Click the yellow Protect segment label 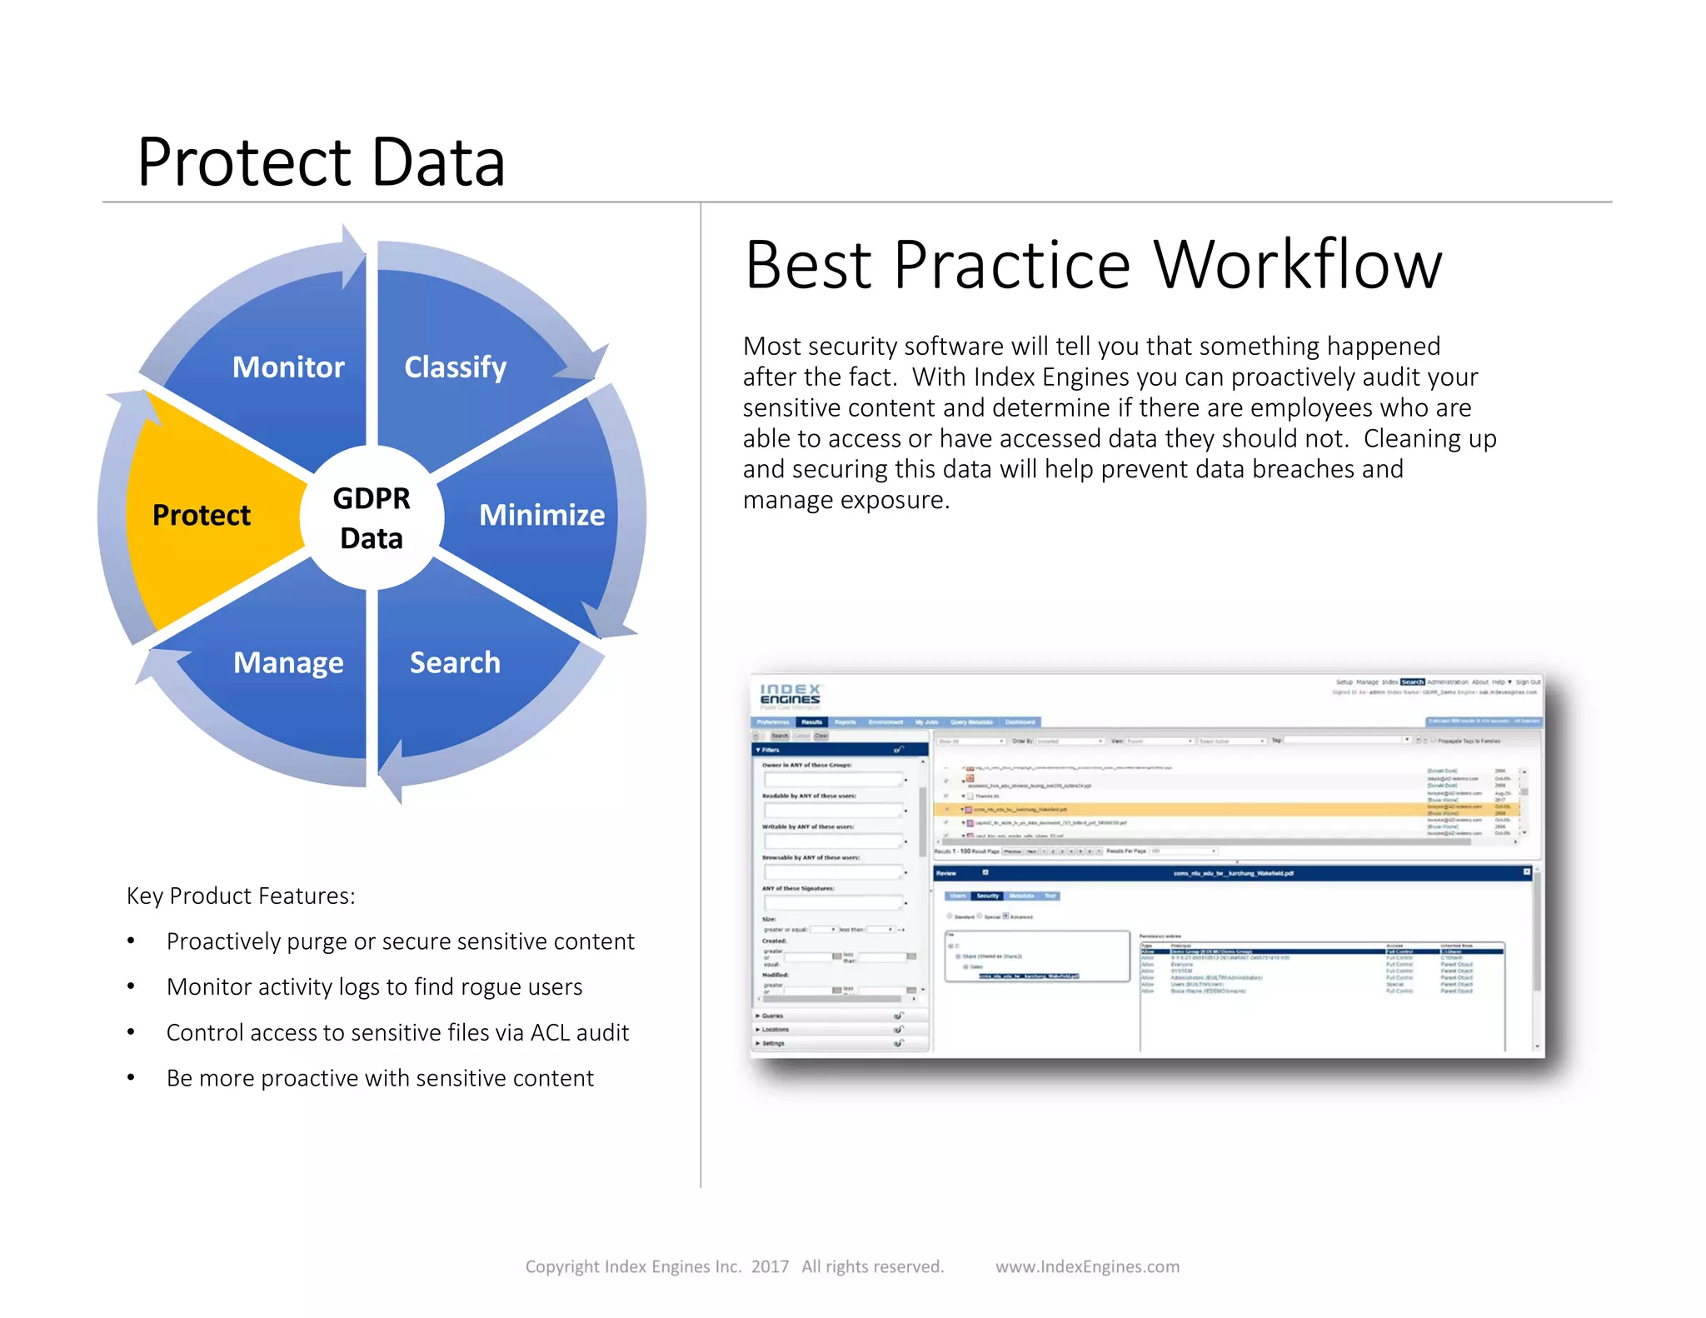click(x=202, y=515)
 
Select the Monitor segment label click(x=288, y=367)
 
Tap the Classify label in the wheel click(x=455, y=367)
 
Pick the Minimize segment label click(x=541, y=515)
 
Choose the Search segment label click(x=455, y=662)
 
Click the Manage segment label click(x=288, y=662)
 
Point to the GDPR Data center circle click(x=372, y=517)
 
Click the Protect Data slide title click(x=322, y=162)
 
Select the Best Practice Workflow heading click(x=1093, y=265)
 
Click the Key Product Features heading click(x=241, y=896)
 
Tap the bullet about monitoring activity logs click(x=374, y=986)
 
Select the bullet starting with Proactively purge click(x=400, y=941)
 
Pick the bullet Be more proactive click(x=380, y=1078)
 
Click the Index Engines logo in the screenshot click(x=791, y=694)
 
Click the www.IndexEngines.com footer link click(x=1087, y=1266)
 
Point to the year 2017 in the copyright click(x=770, y=1266)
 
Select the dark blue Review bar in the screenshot click(x=1233, y=873)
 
